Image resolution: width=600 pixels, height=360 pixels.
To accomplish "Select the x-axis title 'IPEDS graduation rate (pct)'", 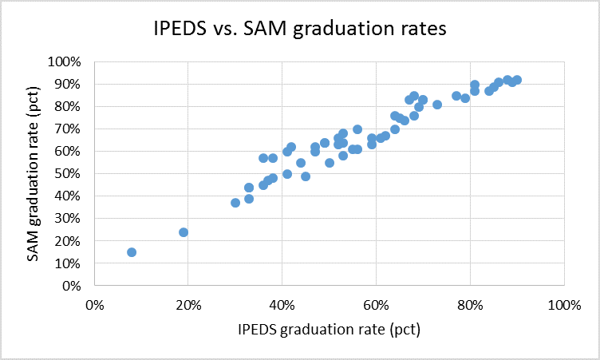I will (x=328, y=330).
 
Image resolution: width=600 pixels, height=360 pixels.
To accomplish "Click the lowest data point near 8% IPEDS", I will (x=132, y=252).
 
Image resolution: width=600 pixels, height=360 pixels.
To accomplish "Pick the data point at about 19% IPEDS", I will (x=184, y=232).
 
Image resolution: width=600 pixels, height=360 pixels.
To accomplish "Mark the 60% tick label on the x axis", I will (x=376, y=304).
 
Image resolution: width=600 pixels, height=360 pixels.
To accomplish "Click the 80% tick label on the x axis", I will (x=470, y=304).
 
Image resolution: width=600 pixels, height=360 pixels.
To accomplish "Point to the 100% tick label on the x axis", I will (x=563, y=304).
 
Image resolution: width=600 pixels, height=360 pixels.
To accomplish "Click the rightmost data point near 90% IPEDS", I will (x=517, y=80).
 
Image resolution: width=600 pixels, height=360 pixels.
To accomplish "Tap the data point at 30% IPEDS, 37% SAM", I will (x=235, y=203).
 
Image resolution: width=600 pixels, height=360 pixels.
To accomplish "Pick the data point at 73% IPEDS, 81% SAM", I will (x=437, y=105).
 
